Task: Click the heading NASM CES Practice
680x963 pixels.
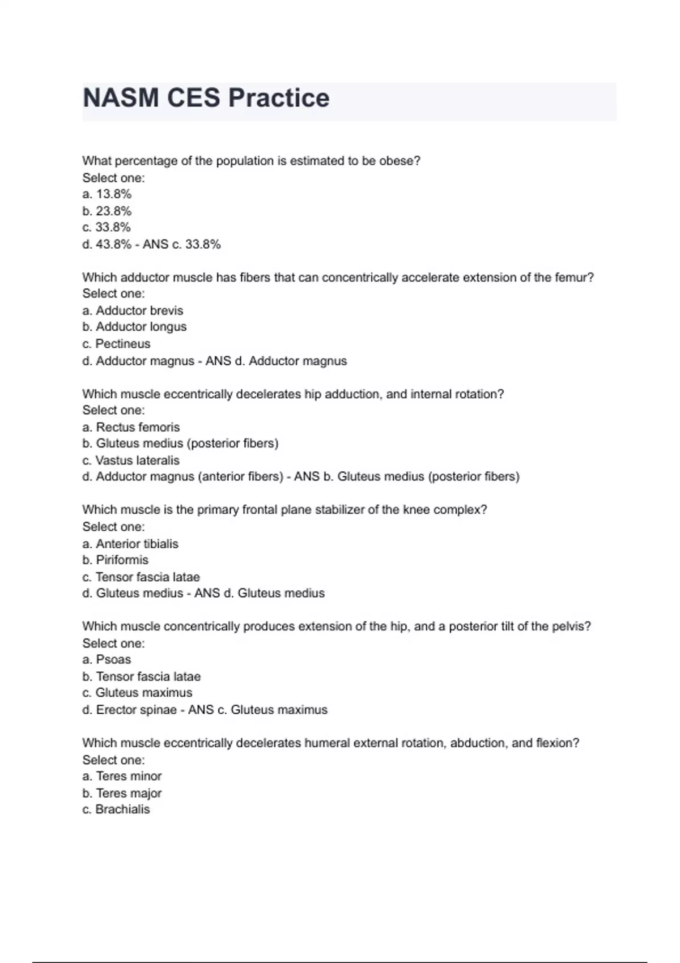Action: tap(206, 98)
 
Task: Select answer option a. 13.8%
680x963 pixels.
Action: tap(107, 194)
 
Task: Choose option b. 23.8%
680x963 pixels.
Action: tap(107, 211)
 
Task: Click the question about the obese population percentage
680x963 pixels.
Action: tap(252, 161)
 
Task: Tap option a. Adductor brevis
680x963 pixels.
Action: tap(133, 310)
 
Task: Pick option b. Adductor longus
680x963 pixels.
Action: tap(135, 327)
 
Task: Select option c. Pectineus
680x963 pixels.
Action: tap(117, 344)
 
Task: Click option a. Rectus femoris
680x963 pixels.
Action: tap(131, 427)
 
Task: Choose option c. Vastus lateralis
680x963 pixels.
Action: tap(131, 461)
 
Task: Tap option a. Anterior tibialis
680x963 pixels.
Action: tap(131, 544)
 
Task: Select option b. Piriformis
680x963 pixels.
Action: tap(116, 560)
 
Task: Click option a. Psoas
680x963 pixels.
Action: tap(107, 659)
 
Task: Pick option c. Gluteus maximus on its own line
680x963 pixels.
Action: tap(138, 693)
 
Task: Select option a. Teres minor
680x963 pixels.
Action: tap(122, 776)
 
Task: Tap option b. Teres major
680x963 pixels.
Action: tap(122, 793)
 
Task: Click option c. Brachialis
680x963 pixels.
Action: tap(116, 809)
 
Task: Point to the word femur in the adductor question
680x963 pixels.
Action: tap(576, 278)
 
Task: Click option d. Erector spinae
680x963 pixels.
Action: tap(130, 710)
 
